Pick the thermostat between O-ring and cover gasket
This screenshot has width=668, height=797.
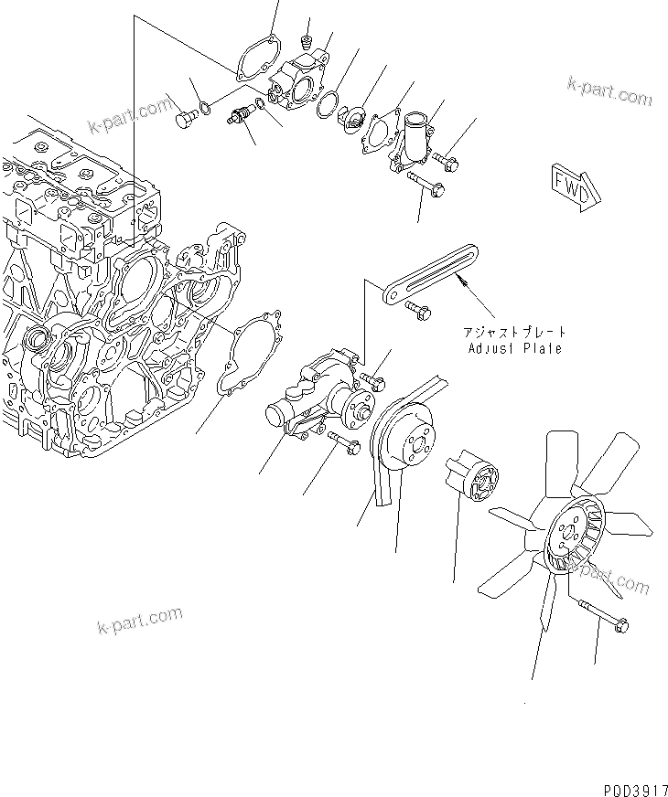pos(350,117)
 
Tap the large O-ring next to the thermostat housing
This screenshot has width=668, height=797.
pos(326,104)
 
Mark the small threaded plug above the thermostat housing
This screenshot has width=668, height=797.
pos(307,41)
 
